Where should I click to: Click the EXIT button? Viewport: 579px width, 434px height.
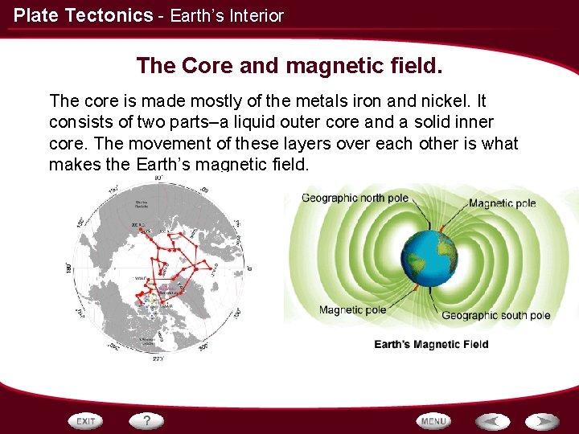tap(86, 421)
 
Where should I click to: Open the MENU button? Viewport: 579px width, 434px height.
tap(433, 421)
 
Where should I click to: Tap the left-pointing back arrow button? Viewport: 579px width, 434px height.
tap(491, 421)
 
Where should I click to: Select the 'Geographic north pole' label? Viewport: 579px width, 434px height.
tap(355, 199)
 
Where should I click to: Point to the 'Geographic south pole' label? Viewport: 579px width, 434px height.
tap(495, 316)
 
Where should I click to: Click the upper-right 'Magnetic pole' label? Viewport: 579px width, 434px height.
tap(502, 203)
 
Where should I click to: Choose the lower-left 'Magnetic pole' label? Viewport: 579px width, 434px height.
tap(352, 309)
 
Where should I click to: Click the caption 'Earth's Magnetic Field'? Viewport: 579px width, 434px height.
tap(431, 344)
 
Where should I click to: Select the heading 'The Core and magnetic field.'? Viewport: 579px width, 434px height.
tap(289, 65)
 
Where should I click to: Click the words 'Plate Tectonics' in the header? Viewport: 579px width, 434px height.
tap(83, 15)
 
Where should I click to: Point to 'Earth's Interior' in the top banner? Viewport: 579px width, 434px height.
tap(227, 15)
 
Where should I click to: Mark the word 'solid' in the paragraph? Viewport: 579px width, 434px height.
tap(436, 122)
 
